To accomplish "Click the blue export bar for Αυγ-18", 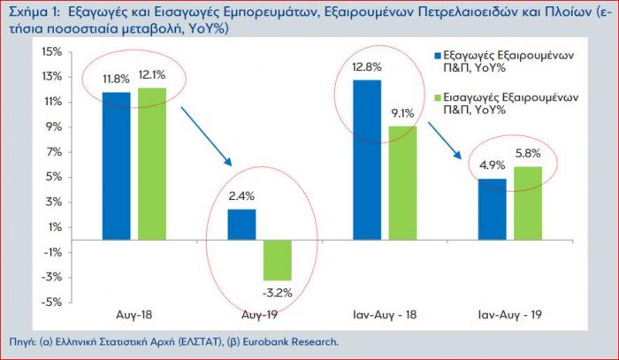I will point(117,165).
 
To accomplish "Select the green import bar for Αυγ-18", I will point(151,164).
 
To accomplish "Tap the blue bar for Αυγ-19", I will point(241,225).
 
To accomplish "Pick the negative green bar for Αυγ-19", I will point(277,259).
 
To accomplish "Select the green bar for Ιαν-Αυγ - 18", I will point(401,182).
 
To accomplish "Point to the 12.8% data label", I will point(364,66).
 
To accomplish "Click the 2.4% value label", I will point(241,197).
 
